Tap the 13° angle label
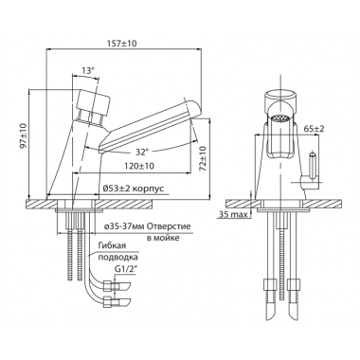[88, 70]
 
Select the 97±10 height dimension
[24, 135]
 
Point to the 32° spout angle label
[141, 153]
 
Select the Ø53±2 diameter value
[117, 189]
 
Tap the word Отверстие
[170, 227]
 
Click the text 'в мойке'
[163, 238]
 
